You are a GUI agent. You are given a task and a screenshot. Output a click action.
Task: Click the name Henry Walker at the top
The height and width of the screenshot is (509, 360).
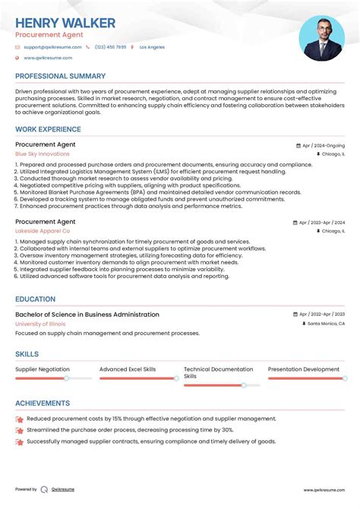(x=65, y=23)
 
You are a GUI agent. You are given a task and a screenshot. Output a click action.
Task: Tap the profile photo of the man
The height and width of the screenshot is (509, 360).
(x=321, y=38)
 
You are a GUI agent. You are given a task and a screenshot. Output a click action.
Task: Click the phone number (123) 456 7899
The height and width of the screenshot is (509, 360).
(x=111, y=47)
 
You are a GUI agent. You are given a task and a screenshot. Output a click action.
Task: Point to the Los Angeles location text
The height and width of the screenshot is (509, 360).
(x=150, y=47)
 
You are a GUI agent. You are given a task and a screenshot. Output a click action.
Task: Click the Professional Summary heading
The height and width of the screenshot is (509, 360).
(x=60, y=76)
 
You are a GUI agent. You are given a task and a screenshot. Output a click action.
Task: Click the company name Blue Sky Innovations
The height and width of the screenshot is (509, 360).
(x=42, y=154)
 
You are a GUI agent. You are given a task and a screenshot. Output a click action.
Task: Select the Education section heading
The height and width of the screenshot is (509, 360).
(x=35, y=299)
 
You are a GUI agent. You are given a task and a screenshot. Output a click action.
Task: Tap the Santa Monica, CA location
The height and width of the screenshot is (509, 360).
(x=326, y=324)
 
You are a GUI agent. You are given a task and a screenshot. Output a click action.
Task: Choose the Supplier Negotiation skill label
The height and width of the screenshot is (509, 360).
(x=43, y=369)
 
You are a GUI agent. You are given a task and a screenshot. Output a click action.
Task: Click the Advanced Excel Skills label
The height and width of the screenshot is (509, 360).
(x=128, y=369)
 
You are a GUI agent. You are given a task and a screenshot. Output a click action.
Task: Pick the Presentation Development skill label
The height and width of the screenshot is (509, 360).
(x=304, y=369)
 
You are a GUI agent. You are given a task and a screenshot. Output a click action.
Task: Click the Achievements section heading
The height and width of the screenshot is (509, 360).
(x=43, y=403)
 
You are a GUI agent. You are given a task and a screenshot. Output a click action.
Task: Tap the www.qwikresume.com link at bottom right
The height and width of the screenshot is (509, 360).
(x=324, y=490)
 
